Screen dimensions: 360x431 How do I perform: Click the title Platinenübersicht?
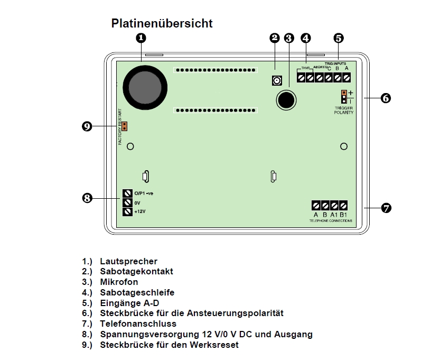[162, 23]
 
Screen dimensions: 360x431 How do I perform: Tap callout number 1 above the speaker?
[141, 38]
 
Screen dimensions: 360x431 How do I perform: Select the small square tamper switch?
[276, 80]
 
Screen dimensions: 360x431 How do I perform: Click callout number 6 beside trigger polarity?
[386, 98]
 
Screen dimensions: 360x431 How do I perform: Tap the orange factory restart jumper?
[125, 127]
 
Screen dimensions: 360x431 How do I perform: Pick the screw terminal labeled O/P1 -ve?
[127, 193]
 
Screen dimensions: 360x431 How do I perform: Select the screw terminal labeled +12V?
[127, 211]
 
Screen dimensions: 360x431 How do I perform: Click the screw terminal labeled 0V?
[127, 202]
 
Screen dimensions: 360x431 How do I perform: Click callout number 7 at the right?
[386, 208]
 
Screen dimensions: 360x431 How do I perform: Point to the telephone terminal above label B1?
[343, 205]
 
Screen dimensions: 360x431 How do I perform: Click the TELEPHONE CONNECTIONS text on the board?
[331, 220]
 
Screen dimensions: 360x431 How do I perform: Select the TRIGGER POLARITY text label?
[344, 110]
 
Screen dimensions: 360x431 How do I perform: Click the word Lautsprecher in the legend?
[128, 261]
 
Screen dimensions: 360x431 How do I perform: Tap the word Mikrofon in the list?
[119, 282]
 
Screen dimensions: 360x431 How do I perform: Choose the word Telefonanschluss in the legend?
[138, 324]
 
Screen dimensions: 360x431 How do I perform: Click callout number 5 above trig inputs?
[339, 38]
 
